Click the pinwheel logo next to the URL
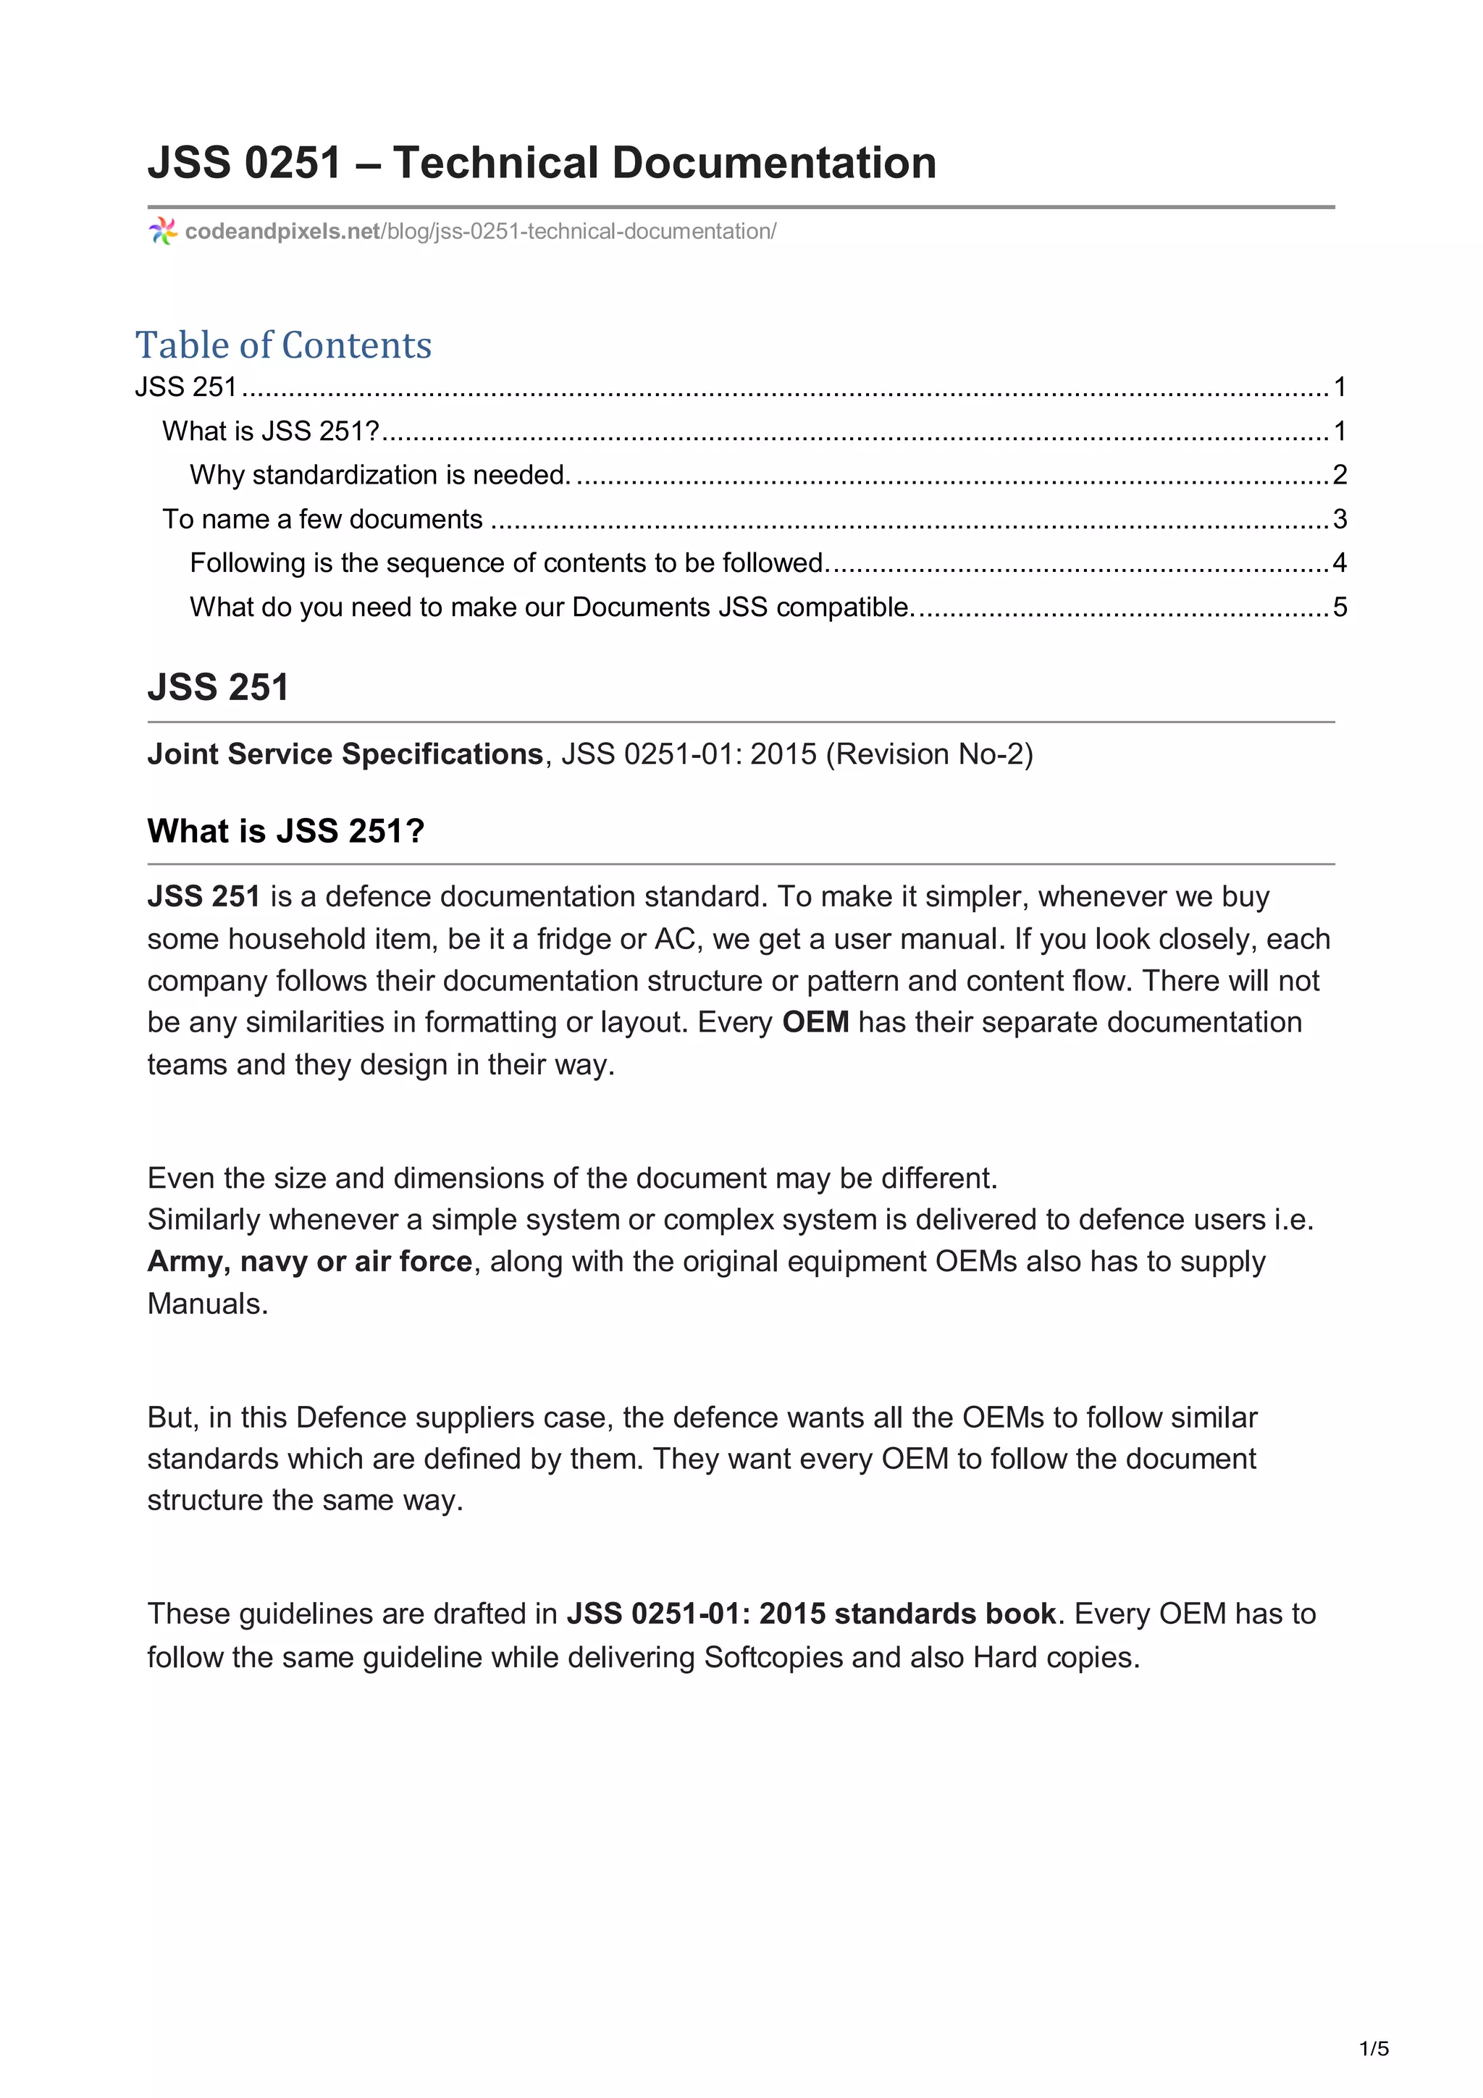tap(163, 231)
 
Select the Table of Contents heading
tap(283, 345)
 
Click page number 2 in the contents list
tap(1340, 475)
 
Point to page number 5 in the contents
tap(1340, 607)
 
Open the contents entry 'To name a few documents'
tap(322, 519)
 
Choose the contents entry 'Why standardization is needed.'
tap(380, 475)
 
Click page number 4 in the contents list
tap(1340, 563)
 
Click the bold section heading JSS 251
tap(217, 687)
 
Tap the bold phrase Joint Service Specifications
tap(345, 754)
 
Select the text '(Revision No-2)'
tap(929, 754)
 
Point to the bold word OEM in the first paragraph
tap(815, 1022)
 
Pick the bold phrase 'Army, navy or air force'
tap(310, 1262)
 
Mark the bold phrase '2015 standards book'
tap(907, 1614)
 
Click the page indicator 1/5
tap(1374, 2049)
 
